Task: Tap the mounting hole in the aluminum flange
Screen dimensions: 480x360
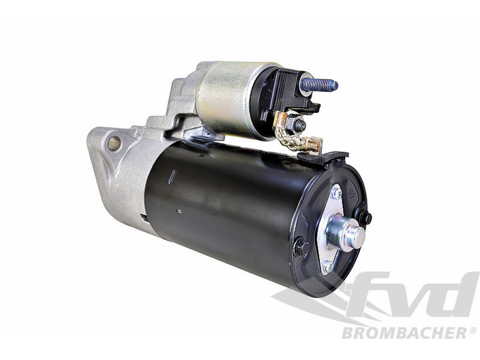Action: (114, 143)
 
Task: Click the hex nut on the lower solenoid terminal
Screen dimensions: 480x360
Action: (297, 124)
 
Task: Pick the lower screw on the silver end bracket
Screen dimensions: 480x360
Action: (328, 266)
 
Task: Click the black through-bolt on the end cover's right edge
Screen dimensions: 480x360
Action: (365, 218)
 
